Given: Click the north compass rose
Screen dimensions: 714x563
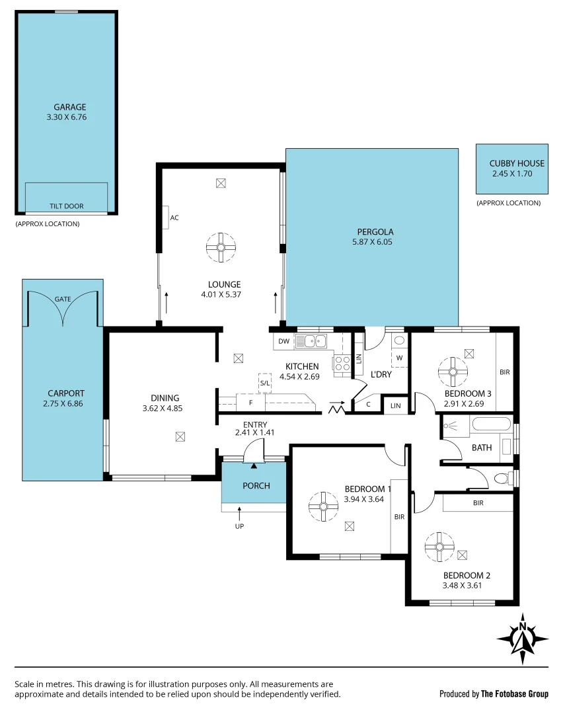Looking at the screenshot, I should (522, 639).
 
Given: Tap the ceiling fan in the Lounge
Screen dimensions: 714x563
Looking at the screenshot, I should (221, 248).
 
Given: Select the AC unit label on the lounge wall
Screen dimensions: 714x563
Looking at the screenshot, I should (174, 218).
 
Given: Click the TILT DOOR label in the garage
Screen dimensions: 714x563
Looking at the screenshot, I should (67, 206).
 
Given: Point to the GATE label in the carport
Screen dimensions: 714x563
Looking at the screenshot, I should (63, 299).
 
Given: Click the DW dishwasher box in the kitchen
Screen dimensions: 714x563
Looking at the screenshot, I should (283, 341).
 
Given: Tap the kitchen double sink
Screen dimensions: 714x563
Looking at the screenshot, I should (311, 341).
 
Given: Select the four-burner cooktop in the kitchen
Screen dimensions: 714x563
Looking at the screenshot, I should (342, 362).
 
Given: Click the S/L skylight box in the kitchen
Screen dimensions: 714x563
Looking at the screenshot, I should (264, 383).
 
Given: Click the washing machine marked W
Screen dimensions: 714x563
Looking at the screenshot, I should (399, 358).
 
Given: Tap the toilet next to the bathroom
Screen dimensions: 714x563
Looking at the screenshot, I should (502, 478).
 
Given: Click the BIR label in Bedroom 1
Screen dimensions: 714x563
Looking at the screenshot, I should (399, 517).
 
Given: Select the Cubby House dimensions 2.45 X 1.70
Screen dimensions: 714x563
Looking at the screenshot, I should (511, 174).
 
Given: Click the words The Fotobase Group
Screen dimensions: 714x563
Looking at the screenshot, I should (514, 694).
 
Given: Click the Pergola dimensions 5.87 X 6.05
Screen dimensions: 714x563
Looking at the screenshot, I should (375, 242).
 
